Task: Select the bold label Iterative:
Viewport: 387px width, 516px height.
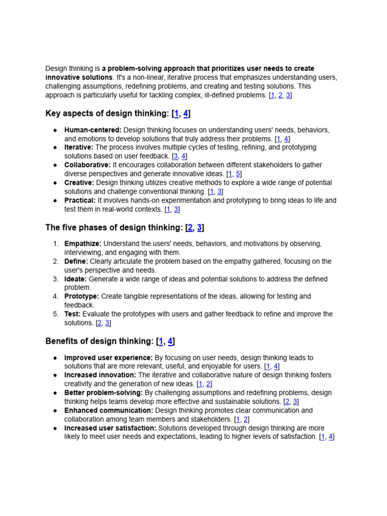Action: point(79,147)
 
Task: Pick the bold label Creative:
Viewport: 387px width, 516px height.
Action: point(79,182)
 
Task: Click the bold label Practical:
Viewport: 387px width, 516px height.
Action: point(80,200)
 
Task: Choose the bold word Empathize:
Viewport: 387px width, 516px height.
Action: point(83,244)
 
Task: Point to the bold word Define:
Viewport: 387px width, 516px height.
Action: point(76,261)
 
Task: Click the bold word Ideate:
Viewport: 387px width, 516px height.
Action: point(76,279)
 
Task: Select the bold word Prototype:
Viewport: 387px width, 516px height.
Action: point(82,296)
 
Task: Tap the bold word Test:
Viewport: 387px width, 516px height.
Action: point(73,314)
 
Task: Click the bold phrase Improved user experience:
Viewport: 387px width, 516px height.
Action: point(108,358)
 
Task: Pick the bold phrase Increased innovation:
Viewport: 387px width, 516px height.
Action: point(100,375)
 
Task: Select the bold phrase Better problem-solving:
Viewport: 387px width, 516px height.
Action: point(103,393)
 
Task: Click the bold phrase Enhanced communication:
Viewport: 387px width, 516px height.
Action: point(108,411)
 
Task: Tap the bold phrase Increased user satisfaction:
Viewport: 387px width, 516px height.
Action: point(110,428)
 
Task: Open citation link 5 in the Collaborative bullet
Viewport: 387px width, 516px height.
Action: point(238,174)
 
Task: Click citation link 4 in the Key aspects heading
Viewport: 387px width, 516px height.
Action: point(185,113)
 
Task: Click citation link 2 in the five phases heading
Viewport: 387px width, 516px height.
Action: point(190,227)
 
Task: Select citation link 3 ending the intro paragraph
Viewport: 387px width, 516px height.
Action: point(288,95)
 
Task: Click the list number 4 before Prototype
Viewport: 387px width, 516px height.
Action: point(55,296)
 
